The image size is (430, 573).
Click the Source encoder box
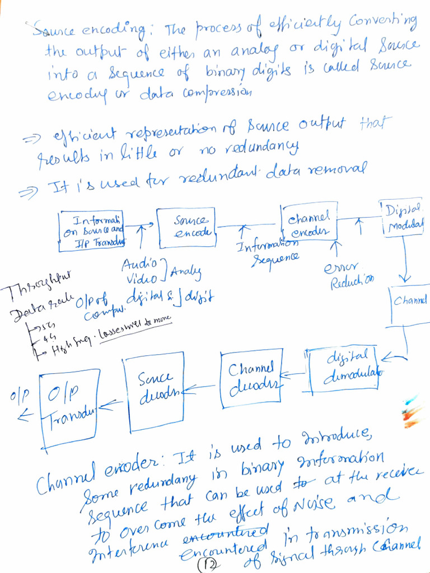point(186,227)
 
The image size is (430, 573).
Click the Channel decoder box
point(250,377)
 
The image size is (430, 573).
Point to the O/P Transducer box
point(69,408)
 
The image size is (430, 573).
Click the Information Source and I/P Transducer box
point(91,231)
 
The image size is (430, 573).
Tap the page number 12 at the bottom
point(207,566)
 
